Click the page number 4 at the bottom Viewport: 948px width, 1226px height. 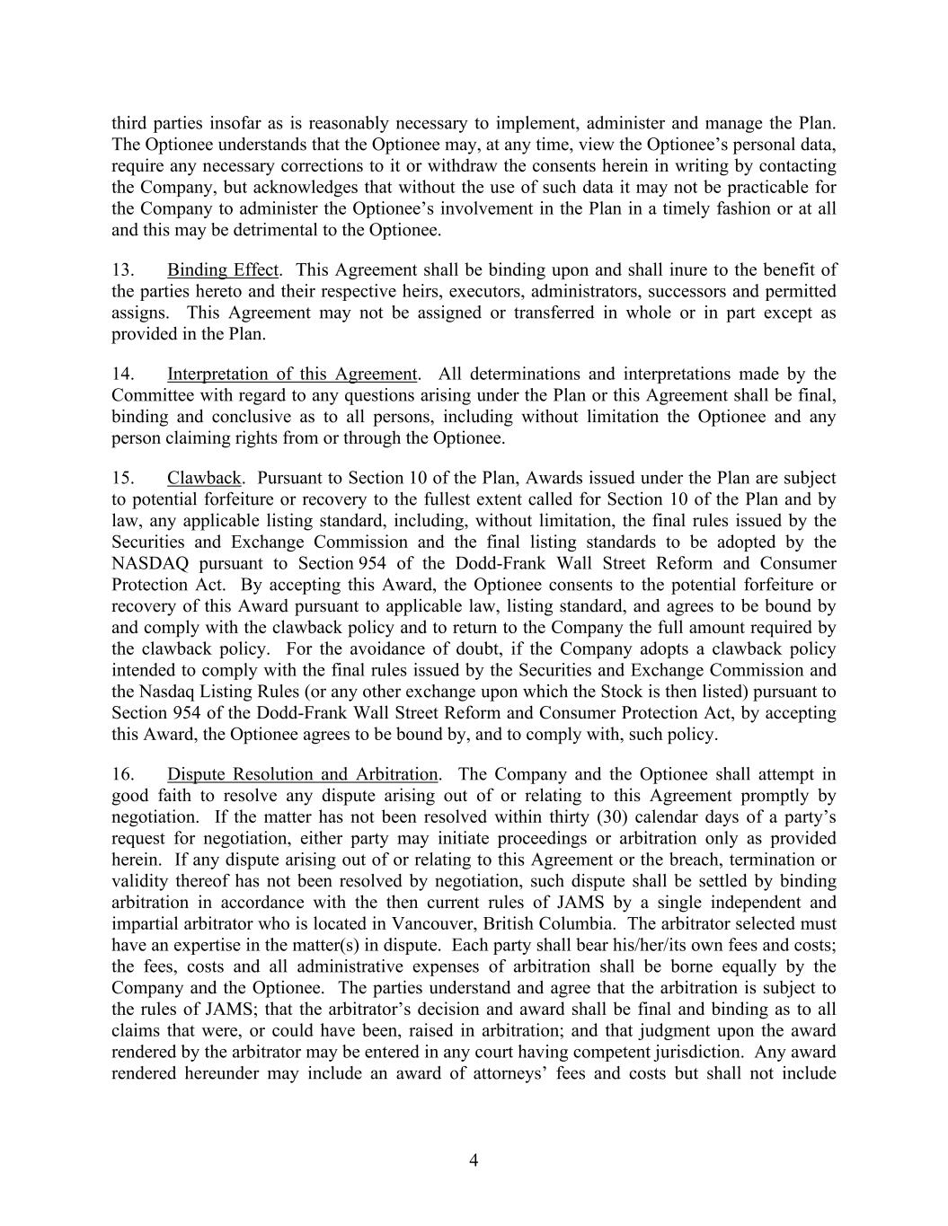[474, 1160]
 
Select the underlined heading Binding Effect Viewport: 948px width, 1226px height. [223, 270]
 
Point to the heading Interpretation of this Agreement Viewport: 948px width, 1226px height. [292, 375]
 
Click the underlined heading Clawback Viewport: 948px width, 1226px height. [204, 478]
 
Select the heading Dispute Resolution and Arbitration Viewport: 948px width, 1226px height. [303, 774]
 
